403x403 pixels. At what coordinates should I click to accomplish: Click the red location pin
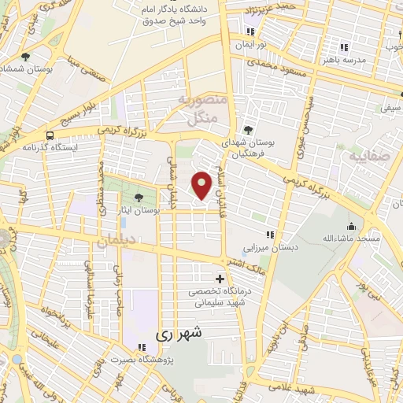pyautogui.click(x=202, y=185)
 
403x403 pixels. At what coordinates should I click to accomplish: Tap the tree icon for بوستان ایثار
pyautogui.click(x=139, y=198)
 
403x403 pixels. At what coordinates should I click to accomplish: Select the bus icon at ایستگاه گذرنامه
pyautogui.click(x=50, y=135)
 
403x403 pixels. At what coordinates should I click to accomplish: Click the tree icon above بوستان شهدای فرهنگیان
pyautogui.click(x=250, y=128)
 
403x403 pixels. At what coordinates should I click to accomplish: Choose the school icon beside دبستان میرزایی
pyautogui.click(x=270, y=235)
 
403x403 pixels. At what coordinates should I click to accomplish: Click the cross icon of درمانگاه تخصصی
pyautogui.click(x=220, y=279)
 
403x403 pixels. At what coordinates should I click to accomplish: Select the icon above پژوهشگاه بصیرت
pyautogui.click(x=142, y=347)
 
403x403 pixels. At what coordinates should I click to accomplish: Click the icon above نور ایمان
pyautogui.click(x=250, y=32)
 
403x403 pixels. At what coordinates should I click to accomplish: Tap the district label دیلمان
pyautogui.click(x=116, y=242)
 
